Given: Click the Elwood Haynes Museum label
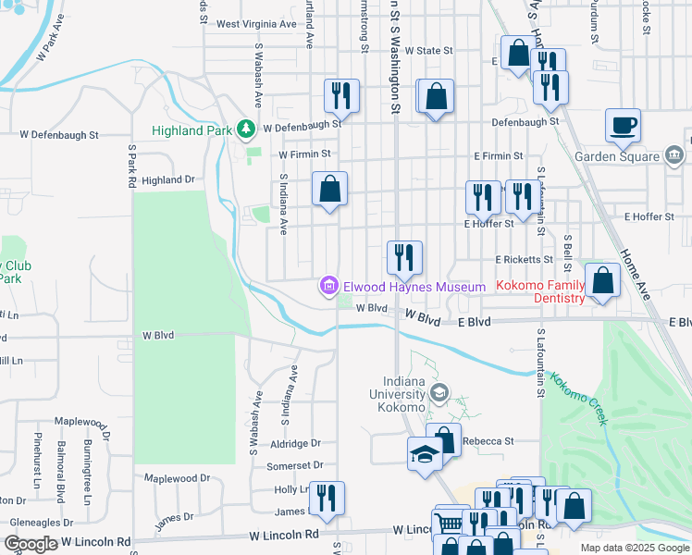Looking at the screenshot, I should pyautogui.click(x=414, y=288).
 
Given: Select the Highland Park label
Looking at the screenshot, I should pyautogui.click(x=192, y=130).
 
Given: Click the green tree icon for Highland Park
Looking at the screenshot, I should pyautogui.click(x=246, y=129).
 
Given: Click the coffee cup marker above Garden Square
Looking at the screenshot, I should pyautogui.click(x=623, y=125).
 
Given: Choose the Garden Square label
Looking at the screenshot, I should pyautogui.click(x=615, y=156).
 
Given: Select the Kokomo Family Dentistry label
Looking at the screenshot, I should pyautogui.click(x=542, y=292).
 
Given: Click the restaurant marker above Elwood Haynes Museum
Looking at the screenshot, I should pyautogui.click(x=403, y=256).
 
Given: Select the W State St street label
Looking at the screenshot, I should pyautogui.click(x=428, y=51).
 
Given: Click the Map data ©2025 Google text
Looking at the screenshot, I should pyautogui.click(x=634, y=548).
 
